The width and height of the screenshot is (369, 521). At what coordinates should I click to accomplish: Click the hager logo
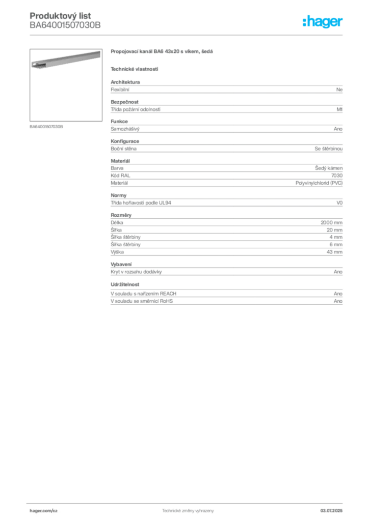coord(323,21)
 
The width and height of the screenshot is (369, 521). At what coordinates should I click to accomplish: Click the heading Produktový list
coord(60,16)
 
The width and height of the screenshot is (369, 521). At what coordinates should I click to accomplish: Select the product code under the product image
coord(46,127)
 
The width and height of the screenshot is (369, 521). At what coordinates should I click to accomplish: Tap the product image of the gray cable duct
coord(66,85)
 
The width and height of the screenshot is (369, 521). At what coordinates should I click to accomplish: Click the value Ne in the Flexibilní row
coord(339,90)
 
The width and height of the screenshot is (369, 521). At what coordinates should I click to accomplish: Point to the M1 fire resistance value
coord(339,109)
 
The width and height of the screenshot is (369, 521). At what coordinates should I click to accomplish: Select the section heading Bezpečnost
coord(124,102)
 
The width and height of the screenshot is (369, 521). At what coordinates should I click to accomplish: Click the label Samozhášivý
coord(125,129)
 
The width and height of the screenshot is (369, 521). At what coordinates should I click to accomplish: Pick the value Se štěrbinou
coord(328,149)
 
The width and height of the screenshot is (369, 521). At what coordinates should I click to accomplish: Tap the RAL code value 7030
coord(337,176)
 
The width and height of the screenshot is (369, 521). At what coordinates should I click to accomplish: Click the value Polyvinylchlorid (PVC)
coord(319,183)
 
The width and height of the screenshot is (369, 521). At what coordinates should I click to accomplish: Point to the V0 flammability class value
coord(339,202)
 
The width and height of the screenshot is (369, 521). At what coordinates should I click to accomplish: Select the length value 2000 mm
coord(331,223)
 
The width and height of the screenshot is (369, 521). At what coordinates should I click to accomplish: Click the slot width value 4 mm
coord(336,237)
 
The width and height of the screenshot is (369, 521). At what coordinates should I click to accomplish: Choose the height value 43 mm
coord(334,252)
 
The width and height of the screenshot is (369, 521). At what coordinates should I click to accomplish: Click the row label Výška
coord(117,252)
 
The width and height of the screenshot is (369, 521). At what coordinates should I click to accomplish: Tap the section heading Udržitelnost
coord(125,284)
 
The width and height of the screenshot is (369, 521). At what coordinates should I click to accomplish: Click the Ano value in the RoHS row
coord(338,301)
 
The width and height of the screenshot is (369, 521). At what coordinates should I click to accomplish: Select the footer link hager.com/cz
coord(44,511)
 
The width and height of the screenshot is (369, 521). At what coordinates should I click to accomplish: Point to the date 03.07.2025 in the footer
coord(331,511)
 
